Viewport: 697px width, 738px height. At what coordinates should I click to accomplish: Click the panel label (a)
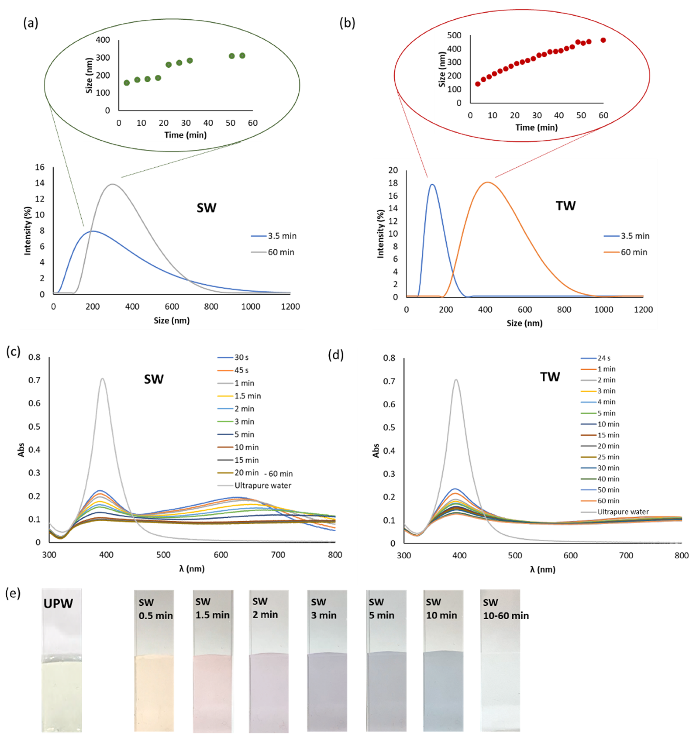[31, 23]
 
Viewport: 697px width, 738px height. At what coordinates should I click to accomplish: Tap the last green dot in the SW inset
[242, 56]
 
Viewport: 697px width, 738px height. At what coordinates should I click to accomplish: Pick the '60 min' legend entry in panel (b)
[633, 252]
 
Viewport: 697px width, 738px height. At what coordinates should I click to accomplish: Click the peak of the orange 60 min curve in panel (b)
[487, 182]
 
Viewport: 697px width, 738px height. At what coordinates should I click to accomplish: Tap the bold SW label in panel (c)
[153, 379]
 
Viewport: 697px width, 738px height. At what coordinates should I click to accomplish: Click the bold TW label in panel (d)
[550, 377]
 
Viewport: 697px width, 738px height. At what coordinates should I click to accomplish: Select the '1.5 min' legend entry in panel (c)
[248, 396]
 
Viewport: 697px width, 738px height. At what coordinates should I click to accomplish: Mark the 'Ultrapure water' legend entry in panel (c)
[263, 486]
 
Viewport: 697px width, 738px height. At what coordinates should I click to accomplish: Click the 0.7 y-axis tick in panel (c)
[35, 380]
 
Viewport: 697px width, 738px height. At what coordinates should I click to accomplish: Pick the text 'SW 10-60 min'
[505, 609]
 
